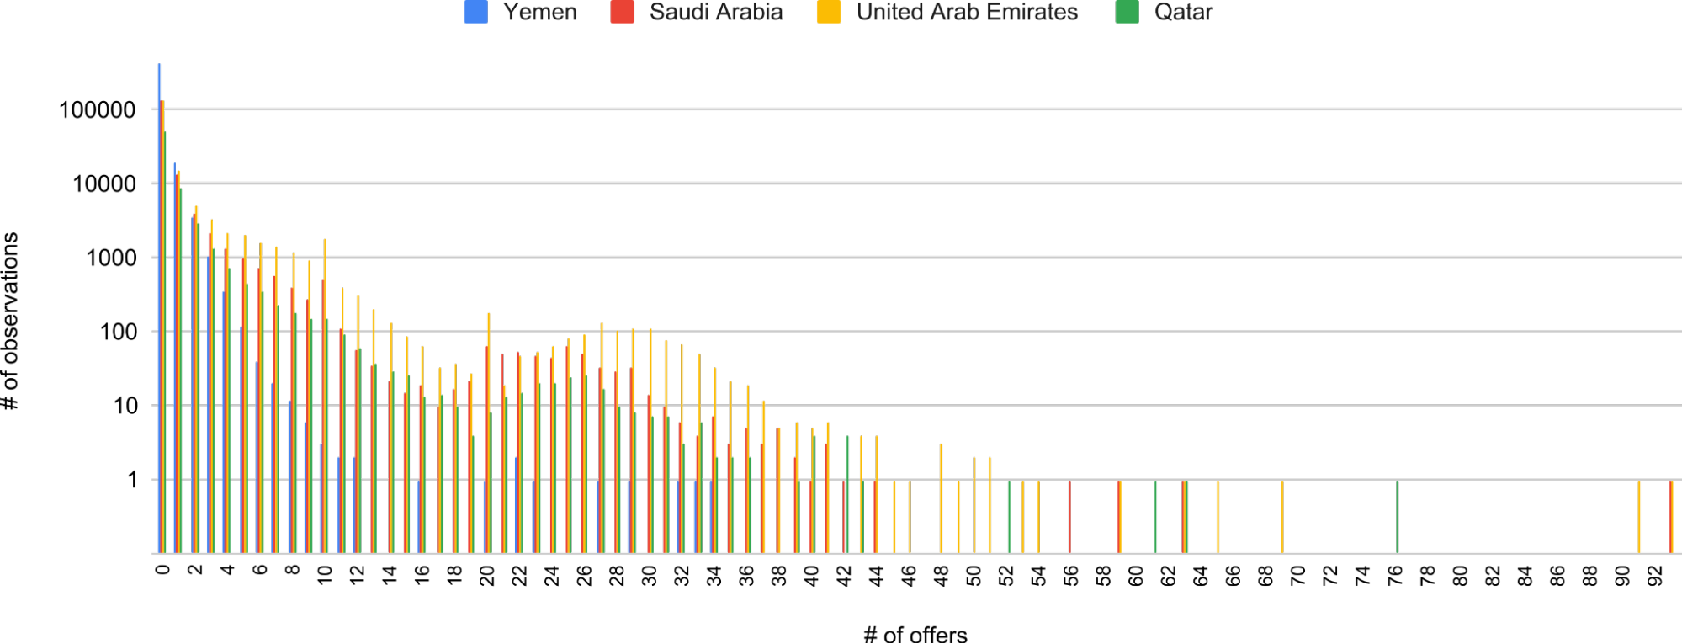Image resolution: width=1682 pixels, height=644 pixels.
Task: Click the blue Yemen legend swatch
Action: point(475,13)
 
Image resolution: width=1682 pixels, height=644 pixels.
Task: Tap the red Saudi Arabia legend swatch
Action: point(622,13)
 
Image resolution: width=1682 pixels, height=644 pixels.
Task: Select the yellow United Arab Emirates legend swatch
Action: point(828,13)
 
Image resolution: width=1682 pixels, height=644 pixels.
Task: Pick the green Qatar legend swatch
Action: point(1127,13)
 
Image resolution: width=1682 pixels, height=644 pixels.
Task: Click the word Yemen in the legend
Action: point(540,13)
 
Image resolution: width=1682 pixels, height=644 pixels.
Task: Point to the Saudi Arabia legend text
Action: point(716,13)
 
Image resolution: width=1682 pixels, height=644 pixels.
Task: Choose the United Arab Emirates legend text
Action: point(967,13)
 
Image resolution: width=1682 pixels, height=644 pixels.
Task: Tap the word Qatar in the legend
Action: point(1183,13)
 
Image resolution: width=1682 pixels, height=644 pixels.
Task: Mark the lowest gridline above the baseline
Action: point(926,479)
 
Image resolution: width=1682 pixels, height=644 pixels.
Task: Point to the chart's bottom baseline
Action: point(926,553)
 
